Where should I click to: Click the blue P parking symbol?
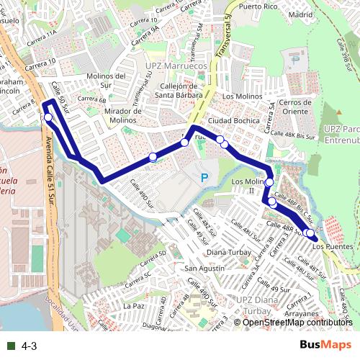pyautogui.click(x=204, y=177)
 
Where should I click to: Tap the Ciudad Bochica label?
pyautogui.click(x=233, y=120)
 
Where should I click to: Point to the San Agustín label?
pyautogui.click(x=202, y=269)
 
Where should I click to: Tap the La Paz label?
pyautogui.click(x=135, y=306)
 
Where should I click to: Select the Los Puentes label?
pyautogui.click(x=334, y=247)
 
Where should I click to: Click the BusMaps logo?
pyautogui.click(x=326, y=345)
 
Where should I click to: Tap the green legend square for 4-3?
pyautogui.click(x=12, y=346)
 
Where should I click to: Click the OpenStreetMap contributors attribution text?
pyautogui.click(x=297, y=323)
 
